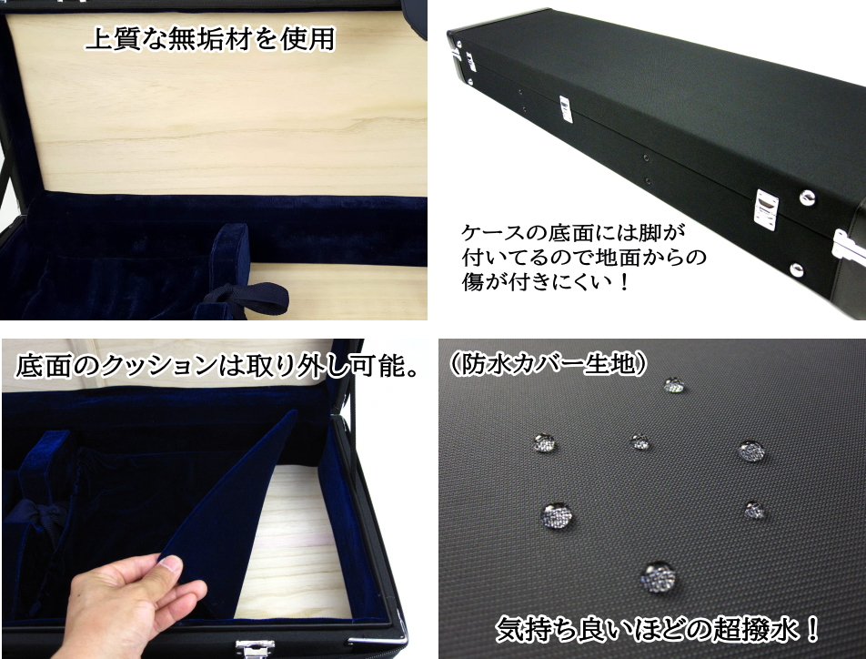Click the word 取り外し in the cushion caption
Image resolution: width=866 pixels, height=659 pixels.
pos(301,367)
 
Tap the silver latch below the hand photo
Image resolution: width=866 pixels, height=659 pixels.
pos(255,647)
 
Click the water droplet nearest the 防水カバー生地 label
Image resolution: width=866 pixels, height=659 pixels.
pos(674,384)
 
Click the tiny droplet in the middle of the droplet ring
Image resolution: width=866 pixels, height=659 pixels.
pos(641,441)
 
